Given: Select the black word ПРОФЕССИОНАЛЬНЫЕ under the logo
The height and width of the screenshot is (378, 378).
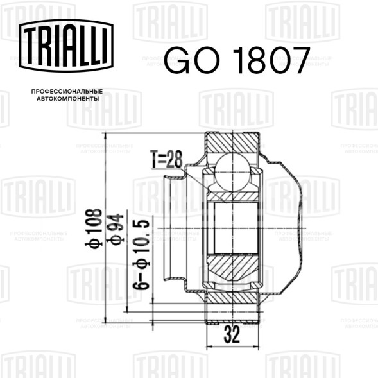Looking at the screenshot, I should point(67,92).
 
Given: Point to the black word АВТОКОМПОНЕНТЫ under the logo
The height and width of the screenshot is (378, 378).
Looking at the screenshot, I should point(67,101).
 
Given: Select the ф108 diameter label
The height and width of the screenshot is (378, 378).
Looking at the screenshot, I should point(94,228).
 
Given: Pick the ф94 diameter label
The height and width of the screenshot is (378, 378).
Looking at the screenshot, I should point(116,228).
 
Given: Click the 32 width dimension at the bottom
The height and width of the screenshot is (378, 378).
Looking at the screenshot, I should point(232,334).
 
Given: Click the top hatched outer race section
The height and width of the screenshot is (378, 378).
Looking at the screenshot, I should point(232,142).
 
